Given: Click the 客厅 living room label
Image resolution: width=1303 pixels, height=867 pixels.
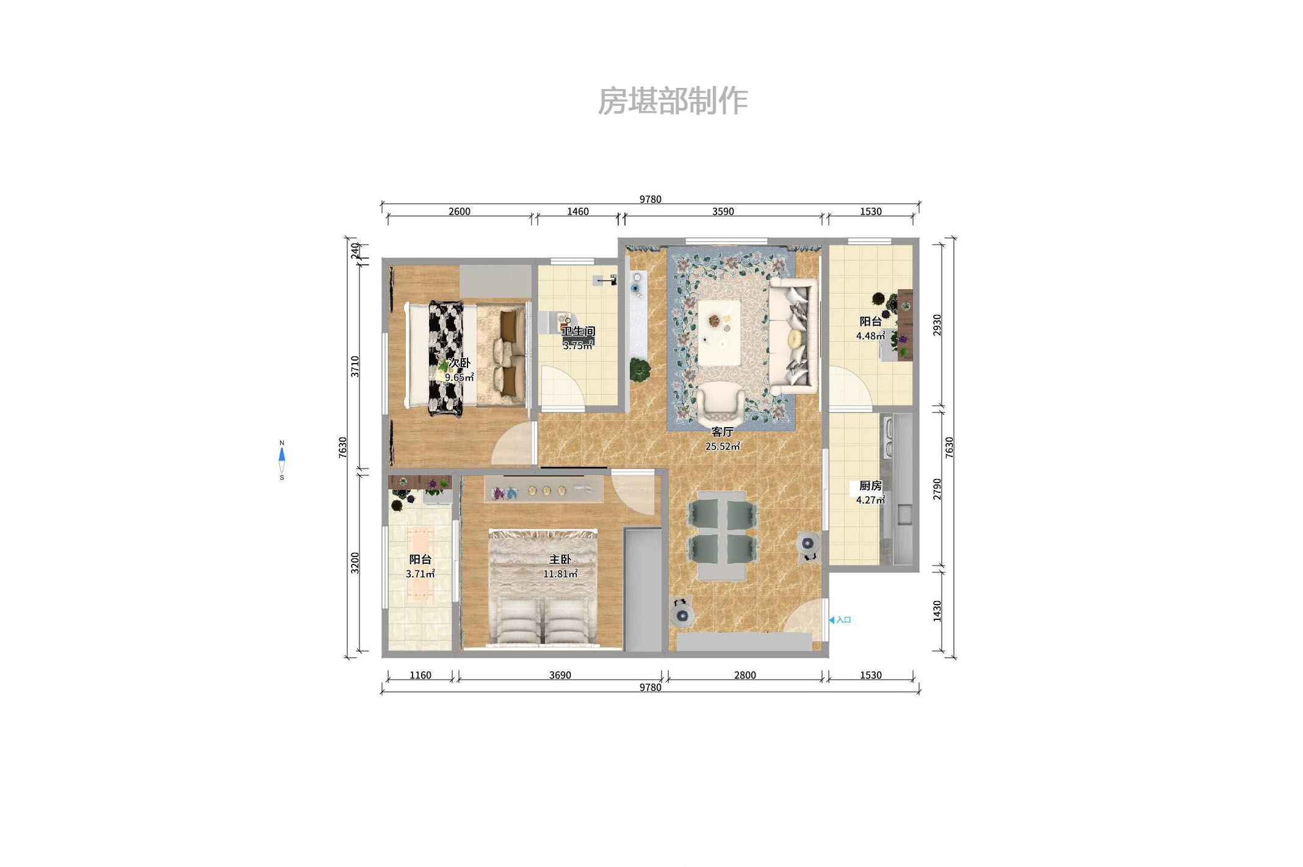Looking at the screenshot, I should (722, 432).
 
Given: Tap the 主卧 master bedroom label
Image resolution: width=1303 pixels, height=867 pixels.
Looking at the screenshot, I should (560, 559).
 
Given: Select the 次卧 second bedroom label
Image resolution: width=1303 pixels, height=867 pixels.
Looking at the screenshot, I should (459, 363).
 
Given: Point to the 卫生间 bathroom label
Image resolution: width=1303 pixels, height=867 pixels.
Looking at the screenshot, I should (578, 331).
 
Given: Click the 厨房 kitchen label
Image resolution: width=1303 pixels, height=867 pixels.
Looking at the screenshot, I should (870, 486).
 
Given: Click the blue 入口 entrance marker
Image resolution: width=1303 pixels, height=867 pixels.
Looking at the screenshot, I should (840, 620).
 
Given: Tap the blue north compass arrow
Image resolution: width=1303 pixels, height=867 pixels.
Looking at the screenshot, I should (281, 455).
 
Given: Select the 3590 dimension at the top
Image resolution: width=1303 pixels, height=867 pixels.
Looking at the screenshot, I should (723, 212).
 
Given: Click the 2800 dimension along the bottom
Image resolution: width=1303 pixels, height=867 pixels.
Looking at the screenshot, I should (745, 675).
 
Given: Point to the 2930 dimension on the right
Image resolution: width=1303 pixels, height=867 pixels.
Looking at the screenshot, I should (937, 325).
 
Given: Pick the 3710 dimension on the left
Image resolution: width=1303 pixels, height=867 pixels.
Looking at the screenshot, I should (355, 366).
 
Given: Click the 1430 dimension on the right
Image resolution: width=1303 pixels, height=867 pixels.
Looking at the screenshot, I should (937, 611).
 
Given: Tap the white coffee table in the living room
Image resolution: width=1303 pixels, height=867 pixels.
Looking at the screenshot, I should (719, 333).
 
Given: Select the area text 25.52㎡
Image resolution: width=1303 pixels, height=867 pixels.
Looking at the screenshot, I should (722, 447).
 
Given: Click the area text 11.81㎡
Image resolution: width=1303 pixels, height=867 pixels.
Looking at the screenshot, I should (560, 574).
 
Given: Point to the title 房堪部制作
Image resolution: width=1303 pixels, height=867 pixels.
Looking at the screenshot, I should (673, 101).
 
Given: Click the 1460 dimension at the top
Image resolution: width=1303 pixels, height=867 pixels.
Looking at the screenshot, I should (577, 212).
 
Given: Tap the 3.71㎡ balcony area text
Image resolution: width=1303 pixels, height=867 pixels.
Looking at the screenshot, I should (420, 574).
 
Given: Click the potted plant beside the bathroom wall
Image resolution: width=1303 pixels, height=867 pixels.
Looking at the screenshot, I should (640, 369).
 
